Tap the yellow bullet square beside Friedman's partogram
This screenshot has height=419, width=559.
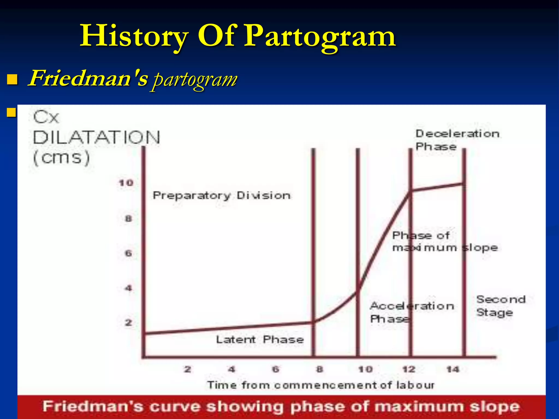click(x=12, y=80)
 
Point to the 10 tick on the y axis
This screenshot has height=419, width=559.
click(x=126, y=183)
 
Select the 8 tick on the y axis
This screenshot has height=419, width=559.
click(x=128, y=219)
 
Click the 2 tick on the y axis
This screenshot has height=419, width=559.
click(x=128, y=323)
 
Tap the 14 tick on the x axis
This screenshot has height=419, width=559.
click(x=453, y=370)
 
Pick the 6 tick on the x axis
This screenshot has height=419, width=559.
click(x=276, y=370)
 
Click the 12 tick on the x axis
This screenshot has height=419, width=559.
click(x=409, y=370)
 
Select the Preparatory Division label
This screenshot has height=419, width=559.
click(x=221, y=196)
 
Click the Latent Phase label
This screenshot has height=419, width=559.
click(x=260, y=340)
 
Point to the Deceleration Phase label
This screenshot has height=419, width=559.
click(x=457, y=140)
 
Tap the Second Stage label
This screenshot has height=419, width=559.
click(x=501, y=306)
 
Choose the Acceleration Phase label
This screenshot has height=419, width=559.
click(x=412, y=312)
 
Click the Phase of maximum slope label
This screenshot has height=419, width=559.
click(x=445, y=241)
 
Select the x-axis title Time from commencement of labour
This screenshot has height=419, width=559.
click(x=321, y=385)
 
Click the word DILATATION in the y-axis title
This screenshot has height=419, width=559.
click(x=96, y=137)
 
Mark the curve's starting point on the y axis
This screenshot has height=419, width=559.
click(x=145, y=333)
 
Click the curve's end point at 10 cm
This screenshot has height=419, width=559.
click(x=463, y=184)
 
